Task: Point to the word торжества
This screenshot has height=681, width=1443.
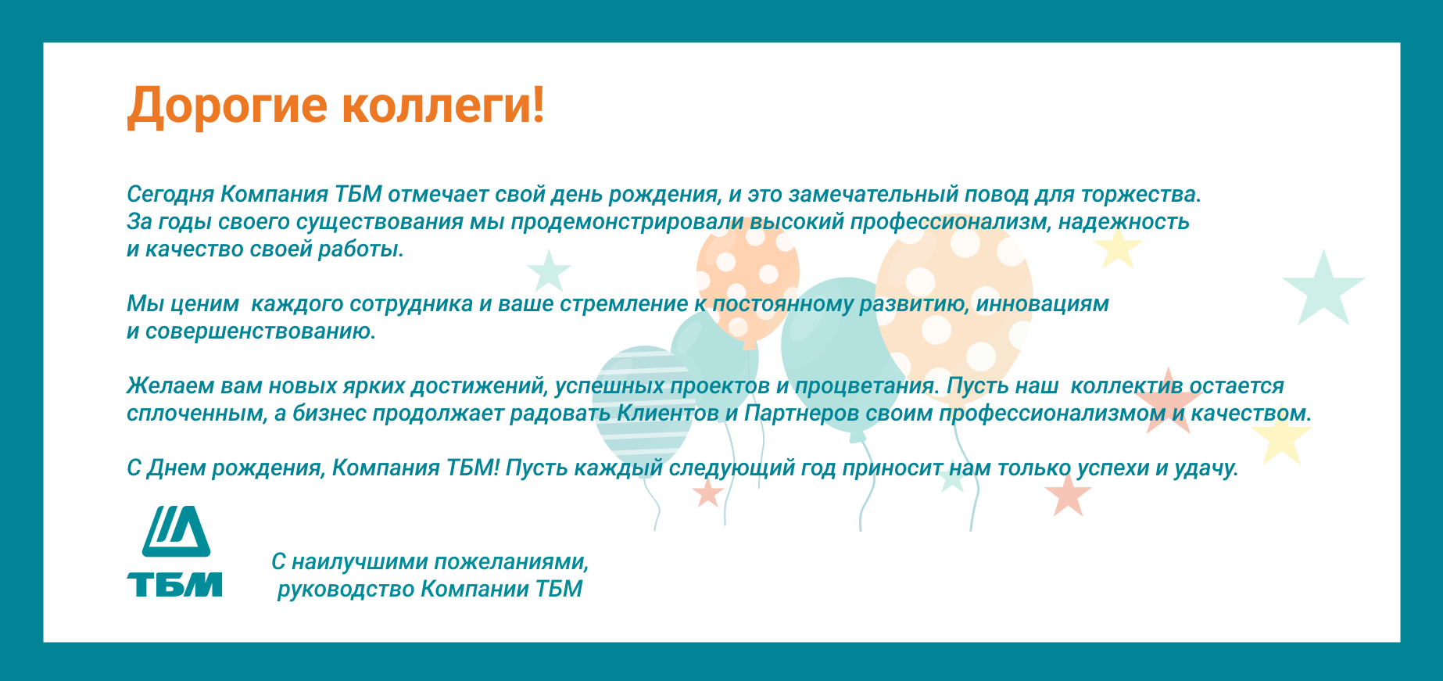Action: [1141, 195]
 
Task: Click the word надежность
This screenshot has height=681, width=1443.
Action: [1124, 222]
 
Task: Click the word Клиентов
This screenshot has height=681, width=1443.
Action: [668, 414]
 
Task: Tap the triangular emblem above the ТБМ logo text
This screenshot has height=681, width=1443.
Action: [176, 531]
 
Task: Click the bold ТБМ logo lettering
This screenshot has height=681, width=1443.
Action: [174, 585]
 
